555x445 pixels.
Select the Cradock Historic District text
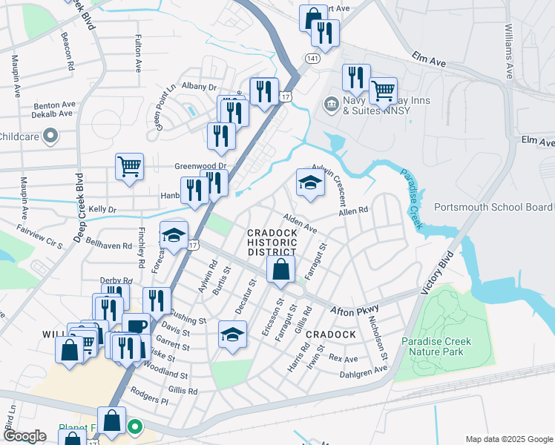click(272, 243)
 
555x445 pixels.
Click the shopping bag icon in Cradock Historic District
click(281, 270)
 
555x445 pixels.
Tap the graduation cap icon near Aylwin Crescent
click(310, 183)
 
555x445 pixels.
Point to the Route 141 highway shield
click(314, 58)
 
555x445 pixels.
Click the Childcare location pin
click(50, 136)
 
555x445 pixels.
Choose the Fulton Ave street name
click(138, 56)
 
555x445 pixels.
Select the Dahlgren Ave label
click(363, 370)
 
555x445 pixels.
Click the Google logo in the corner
click(24, 436)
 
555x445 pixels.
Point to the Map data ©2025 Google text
click(508, 439)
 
